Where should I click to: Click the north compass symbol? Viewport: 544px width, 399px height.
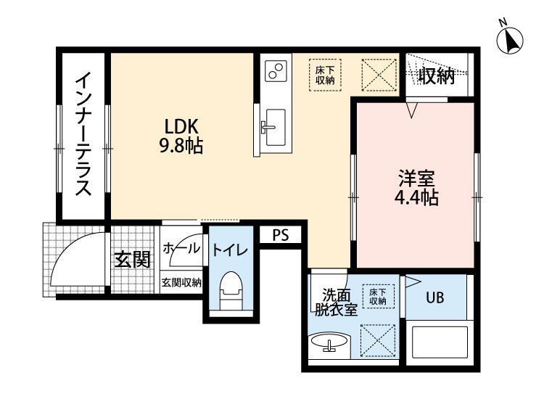pyautogui.click(x=511, y=38)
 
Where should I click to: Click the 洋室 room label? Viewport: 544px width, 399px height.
pyautogui.click(x=415, y=176)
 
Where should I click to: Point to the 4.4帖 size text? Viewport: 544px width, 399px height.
pyautogui.click(x=415, y=197)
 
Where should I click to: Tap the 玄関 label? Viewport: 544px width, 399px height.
pyautogui.click(x=131, y=260)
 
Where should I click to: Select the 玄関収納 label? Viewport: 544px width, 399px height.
pyautogui.click(x=181, y=283)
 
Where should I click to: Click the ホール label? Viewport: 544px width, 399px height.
pyautogui.click(x=181, y=248)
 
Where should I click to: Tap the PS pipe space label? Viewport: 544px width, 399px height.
pyautogui.click(x=280, y=235)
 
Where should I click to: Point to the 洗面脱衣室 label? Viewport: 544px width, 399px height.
pyautogui.click(x=334, y=302)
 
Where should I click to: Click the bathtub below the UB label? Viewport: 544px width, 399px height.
pyautogui.click(x=439, y=344)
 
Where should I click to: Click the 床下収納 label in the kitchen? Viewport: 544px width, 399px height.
pyautogui.click(x=324, y=75)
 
